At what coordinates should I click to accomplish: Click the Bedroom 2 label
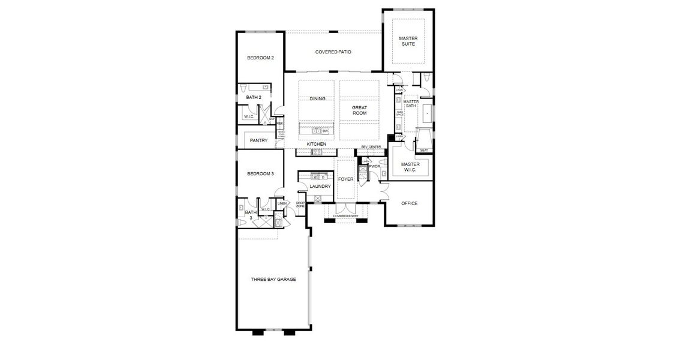pos(261,58)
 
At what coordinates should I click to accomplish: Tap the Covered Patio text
pos(333,52)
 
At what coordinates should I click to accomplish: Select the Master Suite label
pos(408,41)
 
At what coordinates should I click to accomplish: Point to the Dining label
pos(318,99)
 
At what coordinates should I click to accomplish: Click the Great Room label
pos(359,110)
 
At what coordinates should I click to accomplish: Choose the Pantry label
pos(258,141)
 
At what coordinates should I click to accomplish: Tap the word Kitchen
pos(317,145)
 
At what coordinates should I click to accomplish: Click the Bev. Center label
pos(371,147)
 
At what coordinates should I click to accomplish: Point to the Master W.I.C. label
pos(410,167)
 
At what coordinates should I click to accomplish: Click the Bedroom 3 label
pos(261,174)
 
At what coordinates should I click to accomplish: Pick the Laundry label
pos(320,187)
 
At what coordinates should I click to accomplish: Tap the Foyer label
pos(346,179)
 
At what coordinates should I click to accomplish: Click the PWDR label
pos(375,167)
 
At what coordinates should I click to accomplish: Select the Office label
pos(409,203)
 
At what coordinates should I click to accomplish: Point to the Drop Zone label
pos(300,205)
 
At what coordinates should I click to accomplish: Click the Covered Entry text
pos(346,216)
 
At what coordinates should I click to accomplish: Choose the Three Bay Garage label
pos(273,279)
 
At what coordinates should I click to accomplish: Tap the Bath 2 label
pos(253,97)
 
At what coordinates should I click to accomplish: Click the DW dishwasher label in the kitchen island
pos(325,131)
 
